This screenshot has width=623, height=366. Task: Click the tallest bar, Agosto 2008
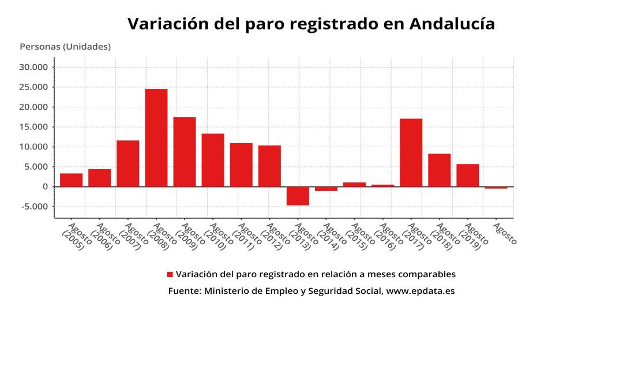(x=156, y=137)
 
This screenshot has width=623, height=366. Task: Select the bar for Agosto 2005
(x=71, y=180)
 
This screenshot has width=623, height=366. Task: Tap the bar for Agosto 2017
(x=411, y=152)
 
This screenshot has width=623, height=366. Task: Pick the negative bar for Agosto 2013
(x=298, y=196)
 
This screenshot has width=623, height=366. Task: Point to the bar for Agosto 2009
(x=185, y=152)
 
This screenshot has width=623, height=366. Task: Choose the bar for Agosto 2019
(x=467, y=175)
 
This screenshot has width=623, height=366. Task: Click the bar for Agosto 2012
(x=269, y=166)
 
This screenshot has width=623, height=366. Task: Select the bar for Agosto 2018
(x=439, y=170)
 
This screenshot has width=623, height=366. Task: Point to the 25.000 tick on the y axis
(x=36, y=87)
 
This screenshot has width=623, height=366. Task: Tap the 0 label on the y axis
(x=44, y=186)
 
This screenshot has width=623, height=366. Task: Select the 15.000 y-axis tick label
(x=36, y=127)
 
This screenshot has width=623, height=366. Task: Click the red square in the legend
(x=170, y=274)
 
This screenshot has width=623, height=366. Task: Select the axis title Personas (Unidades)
(x=65, y=47)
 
